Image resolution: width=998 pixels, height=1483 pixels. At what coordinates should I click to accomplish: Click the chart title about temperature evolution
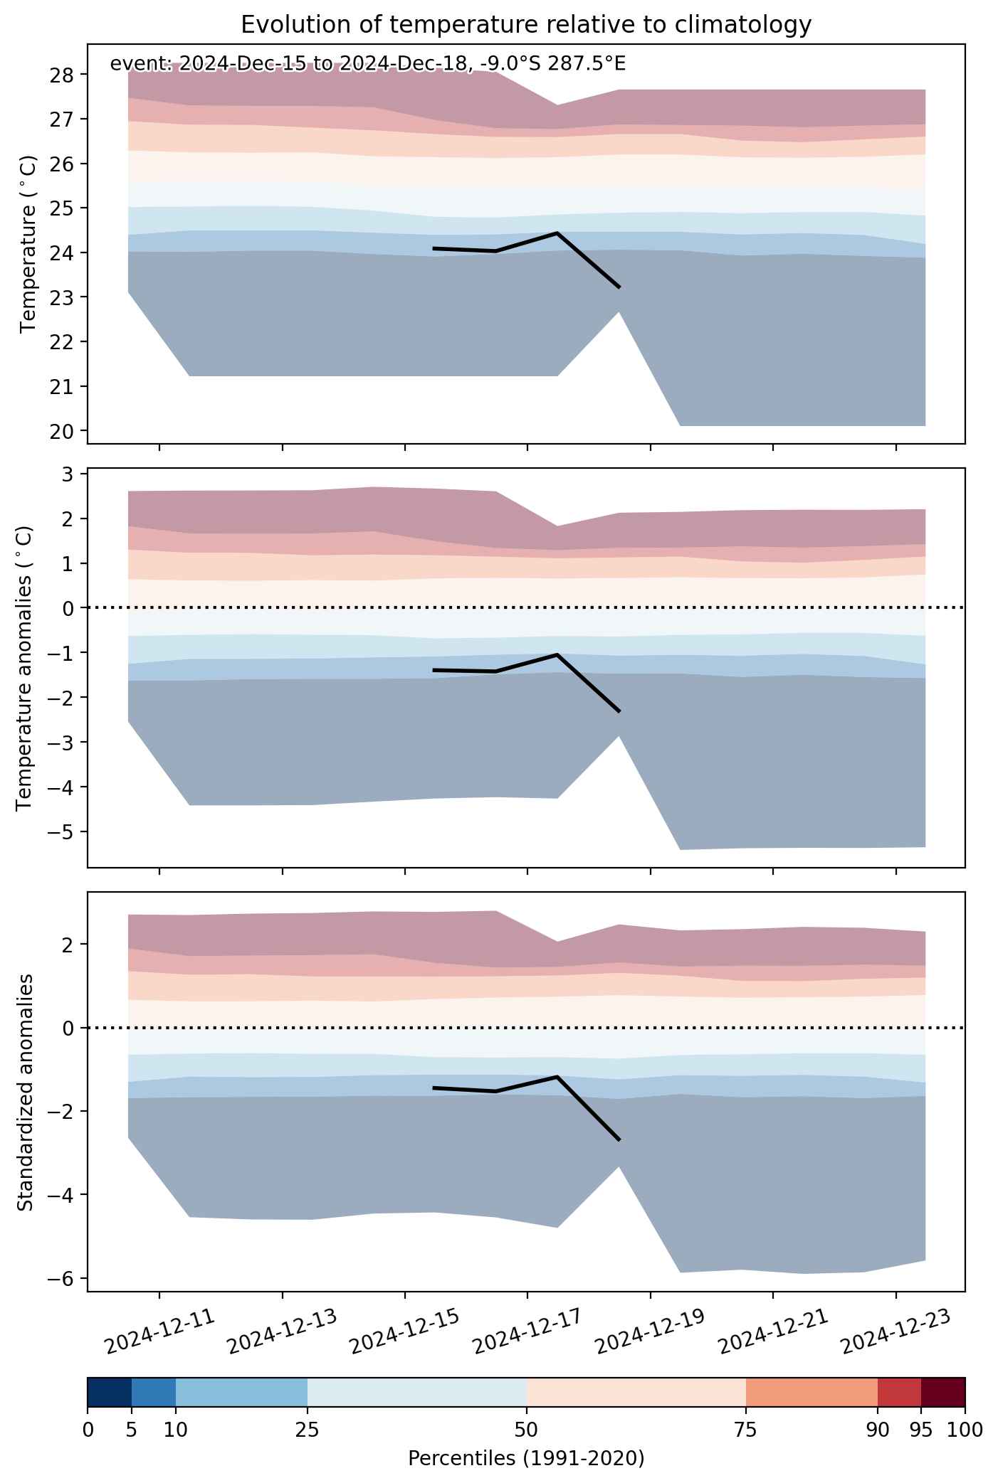tap(526, 25)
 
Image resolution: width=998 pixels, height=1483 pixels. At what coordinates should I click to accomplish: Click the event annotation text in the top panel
tap(368, 64)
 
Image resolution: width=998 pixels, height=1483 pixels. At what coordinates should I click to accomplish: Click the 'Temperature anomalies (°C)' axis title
tap(25, 668)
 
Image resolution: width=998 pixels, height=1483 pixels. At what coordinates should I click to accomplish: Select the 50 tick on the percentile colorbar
tap(527, 1430)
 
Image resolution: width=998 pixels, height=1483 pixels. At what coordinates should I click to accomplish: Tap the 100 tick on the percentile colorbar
tap(965, 1430)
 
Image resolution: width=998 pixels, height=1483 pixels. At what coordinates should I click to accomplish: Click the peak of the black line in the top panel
tap(557, 233)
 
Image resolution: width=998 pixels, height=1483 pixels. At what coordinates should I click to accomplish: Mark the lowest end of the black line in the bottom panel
tap(620, 1140)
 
